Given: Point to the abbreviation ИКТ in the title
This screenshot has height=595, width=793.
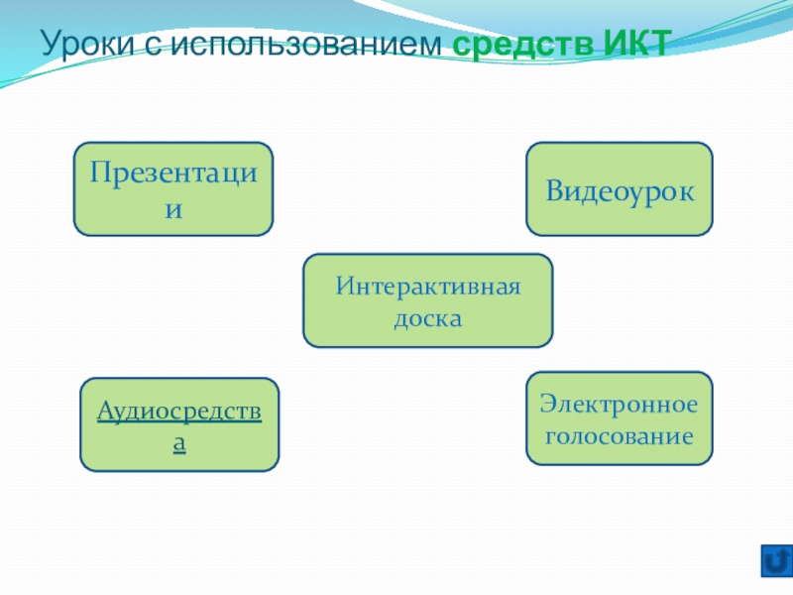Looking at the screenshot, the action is [636, 45].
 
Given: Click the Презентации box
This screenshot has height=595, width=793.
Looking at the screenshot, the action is [173, 188].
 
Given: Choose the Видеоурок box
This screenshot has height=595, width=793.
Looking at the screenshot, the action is [619, 188].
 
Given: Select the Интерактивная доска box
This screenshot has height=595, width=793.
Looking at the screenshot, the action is [427, 300].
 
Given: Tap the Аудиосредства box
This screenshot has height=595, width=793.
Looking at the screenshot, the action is [179, 423].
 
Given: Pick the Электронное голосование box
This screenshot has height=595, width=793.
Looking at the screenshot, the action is [619, 417].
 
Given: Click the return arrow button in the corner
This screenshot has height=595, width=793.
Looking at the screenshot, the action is [775, 560].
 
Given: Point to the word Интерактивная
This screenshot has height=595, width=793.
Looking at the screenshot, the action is [427, 288].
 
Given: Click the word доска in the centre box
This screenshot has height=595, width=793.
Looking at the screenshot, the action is [427, 319].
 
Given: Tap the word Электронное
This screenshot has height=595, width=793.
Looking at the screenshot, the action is [619, 405].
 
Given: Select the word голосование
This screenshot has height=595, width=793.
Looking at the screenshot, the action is [619, 435].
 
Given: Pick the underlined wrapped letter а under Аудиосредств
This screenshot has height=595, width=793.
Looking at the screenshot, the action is [179, 443].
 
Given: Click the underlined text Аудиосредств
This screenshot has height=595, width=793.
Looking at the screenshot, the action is [179, 411].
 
